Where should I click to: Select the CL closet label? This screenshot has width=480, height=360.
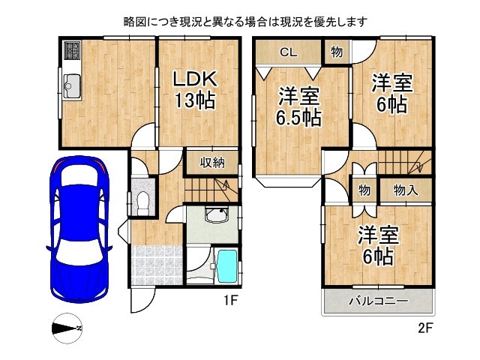pyautogui.click(x=288, y=52)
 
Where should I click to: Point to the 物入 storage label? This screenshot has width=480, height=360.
pyautogui.click(x=406, y=190)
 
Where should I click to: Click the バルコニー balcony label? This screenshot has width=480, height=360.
pyautogui.click(x=378, y=301)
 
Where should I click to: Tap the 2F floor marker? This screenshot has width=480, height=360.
pyautogui.click(x=425, y=328)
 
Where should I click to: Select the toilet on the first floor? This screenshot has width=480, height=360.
pyautogui.click(x=142, y=199)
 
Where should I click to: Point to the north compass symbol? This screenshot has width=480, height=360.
pyautogui.click(x=68, y=328)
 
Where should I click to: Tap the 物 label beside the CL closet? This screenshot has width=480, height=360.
pyautogui.click(x=336, y=52)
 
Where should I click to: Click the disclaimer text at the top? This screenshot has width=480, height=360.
pyautogui.click(x=245, y=22)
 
